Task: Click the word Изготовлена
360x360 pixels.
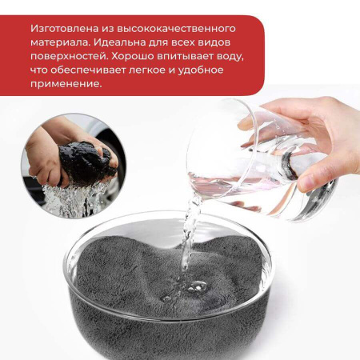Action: [64, 29]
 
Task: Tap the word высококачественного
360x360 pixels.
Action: [176, 29]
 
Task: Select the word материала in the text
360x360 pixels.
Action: [59, 43]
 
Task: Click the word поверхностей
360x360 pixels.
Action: [68, 57]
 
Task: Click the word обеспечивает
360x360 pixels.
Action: [88, 70]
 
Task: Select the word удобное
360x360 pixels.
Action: [201, 70]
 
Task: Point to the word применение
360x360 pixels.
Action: [66, 84]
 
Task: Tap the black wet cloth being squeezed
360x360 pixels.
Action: [86, 162]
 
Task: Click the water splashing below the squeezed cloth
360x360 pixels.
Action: [72, 198]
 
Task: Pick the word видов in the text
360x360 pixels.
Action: [215, 42]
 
